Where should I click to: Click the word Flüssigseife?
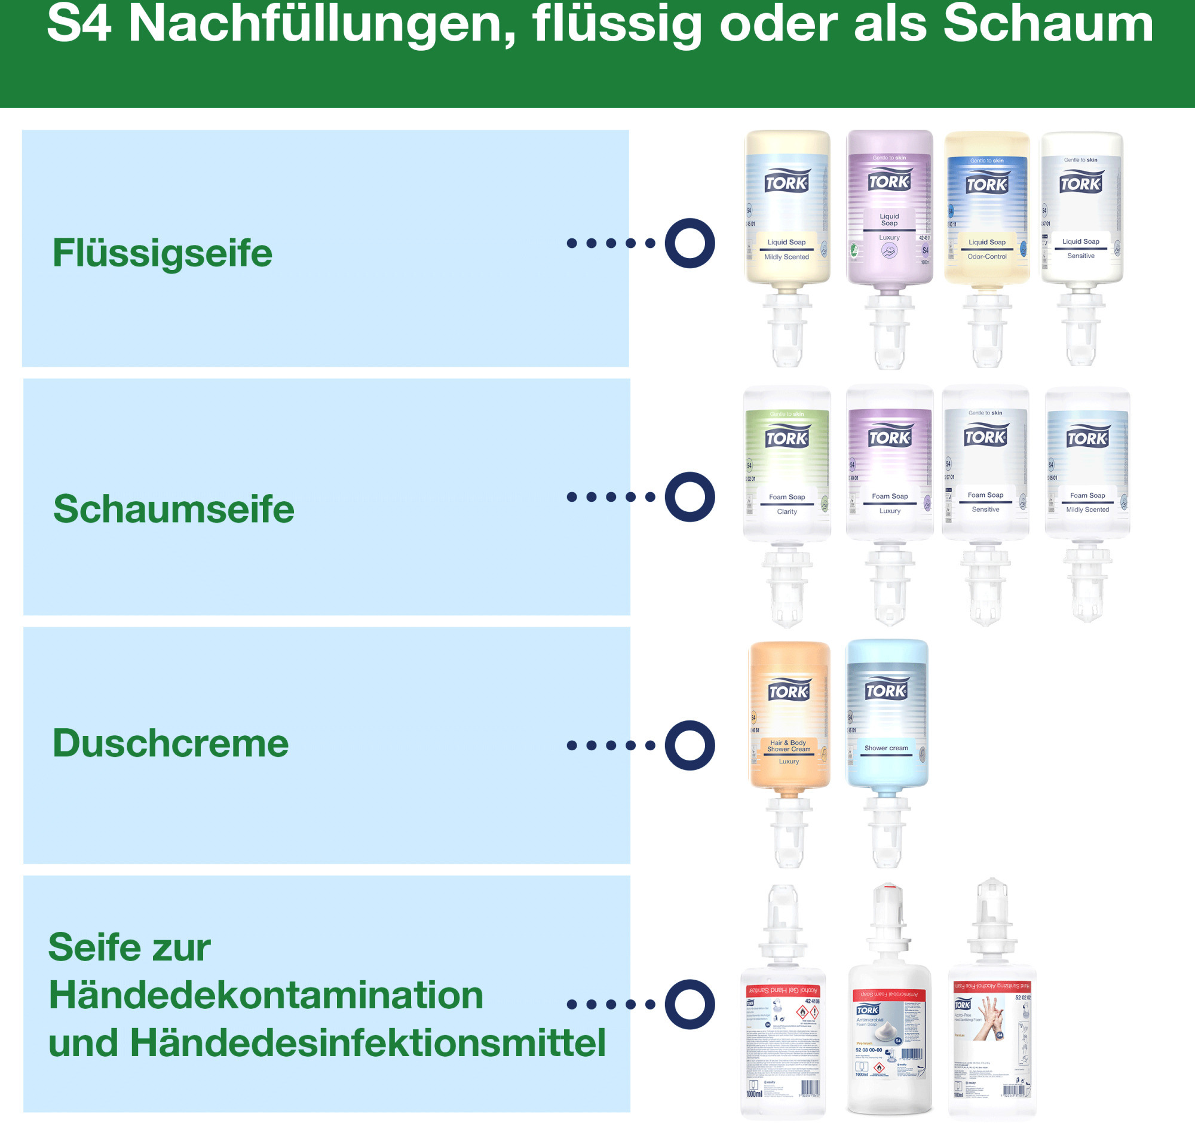point(163,253)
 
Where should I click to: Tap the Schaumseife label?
point(174,509)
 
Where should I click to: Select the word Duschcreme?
point(171,743)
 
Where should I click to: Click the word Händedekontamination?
point(266,995)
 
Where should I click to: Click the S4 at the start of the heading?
point(79,24)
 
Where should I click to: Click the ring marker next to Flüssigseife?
point(690,243)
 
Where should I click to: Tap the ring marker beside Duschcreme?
point(690,745)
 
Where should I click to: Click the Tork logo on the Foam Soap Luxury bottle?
point(890,437)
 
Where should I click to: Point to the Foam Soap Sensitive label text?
point(985,502)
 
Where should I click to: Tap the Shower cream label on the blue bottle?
point(886,748)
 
